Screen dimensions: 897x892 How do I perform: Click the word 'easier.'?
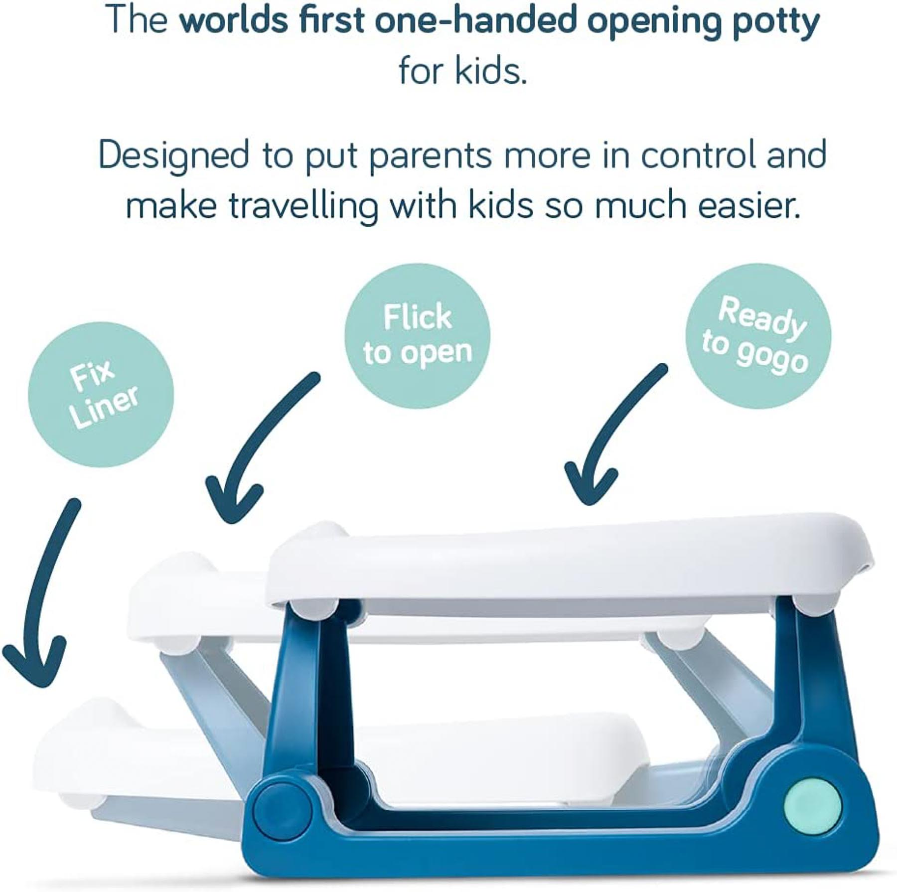pos(749,205)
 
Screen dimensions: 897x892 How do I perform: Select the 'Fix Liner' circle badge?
pos(101,394)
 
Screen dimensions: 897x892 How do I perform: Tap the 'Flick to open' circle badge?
pos(418,336)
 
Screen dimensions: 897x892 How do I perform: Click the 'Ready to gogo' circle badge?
pos(758,336)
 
